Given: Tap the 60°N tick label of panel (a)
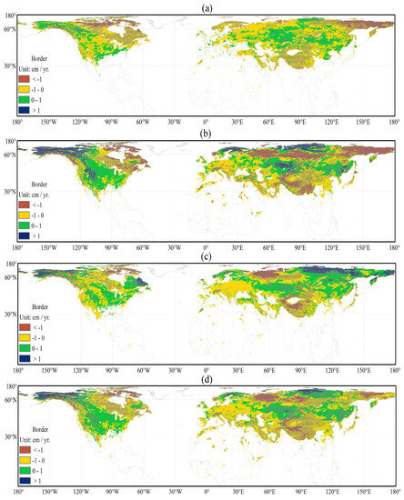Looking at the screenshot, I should (8, 29).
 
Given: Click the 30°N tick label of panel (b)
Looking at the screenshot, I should (8, 192).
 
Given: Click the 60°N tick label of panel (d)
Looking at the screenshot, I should (8, 399).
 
